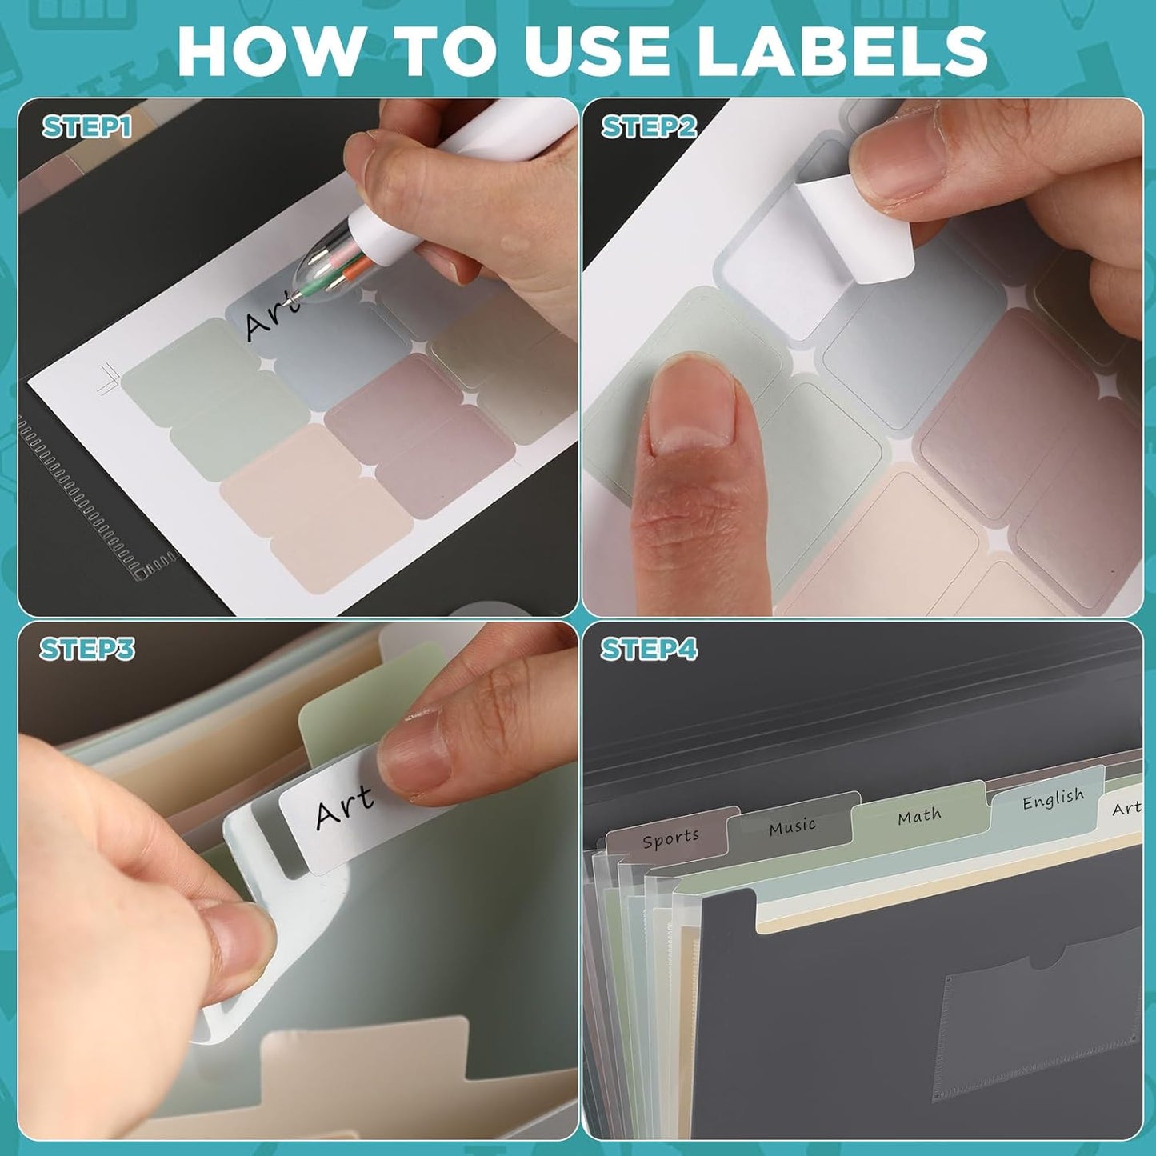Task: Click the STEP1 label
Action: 86,127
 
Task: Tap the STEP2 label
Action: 649,127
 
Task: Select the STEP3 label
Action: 87,649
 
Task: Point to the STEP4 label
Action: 649,649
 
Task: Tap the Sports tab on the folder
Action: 670,838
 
